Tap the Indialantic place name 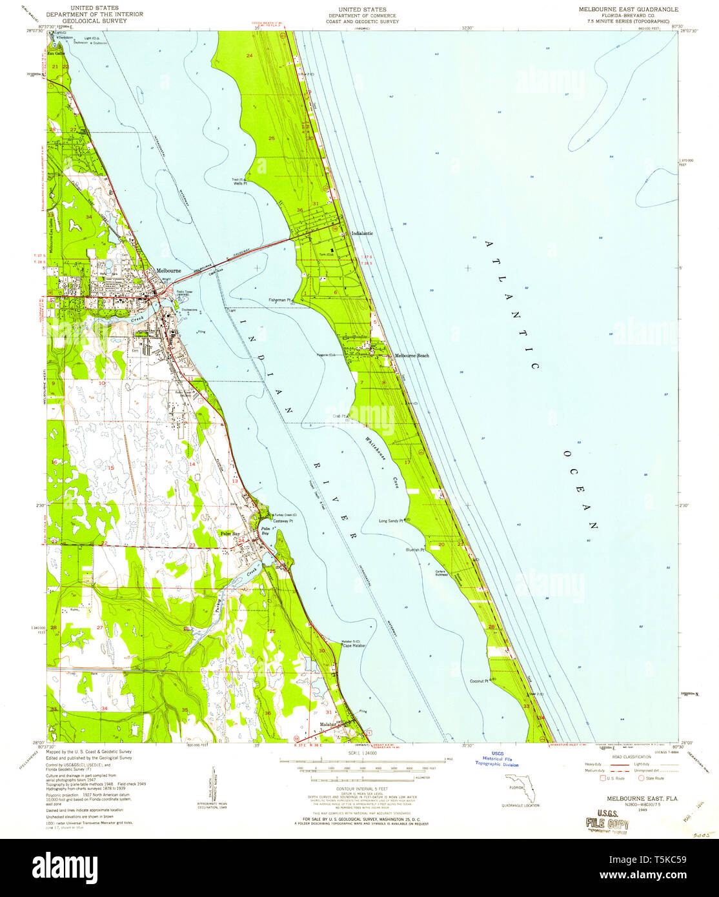point(361,233)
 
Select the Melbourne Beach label point(412,356)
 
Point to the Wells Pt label point(241,184)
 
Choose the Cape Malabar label point(354,645)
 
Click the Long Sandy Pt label point(390,520)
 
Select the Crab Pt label point(340,416)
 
